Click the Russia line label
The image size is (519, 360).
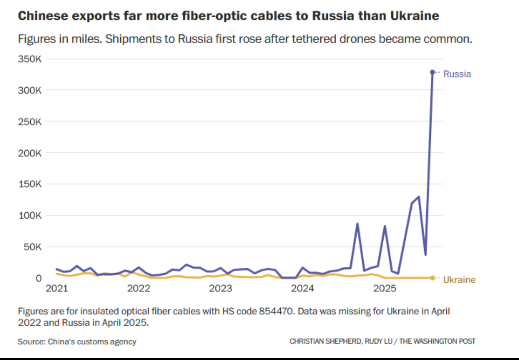click(x=457, y=74)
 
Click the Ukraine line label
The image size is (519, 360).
click(x=459, y=280)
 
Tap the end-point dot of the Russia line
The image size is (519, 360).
click(x=432, y=72)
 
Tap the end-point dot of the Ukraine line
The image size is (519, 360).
click(x=432, y=278)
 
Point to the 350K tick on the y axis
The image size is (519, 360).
click(x=30, y=59)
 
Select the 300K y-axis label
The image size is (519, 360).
click(x=30, y=90)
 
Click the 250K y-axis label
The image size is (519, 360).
click(x=30, y=122)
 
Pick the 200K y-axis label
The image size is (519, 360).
click(x=30, y=153)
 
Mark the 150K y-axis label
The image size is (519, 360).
click(x=30, y=184)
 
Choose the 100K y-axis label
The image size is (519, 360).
click(x=30, y=216)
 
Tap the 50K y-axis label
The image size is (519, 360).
click(x=32, y=247)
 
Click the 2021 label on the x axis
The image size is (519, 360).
click(x=56, y=289)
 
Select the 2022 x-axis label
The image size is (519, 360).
click(x=138, y=289)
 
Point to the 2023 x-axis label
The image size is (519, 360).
click(x=220, y=289)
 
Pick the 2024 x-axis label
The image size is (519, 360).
click(x=303, y=289)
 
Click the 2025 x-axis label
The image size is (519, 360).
click(x=385, y=289)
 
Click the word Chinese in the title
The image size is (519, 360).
click(x=39, y=16)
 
